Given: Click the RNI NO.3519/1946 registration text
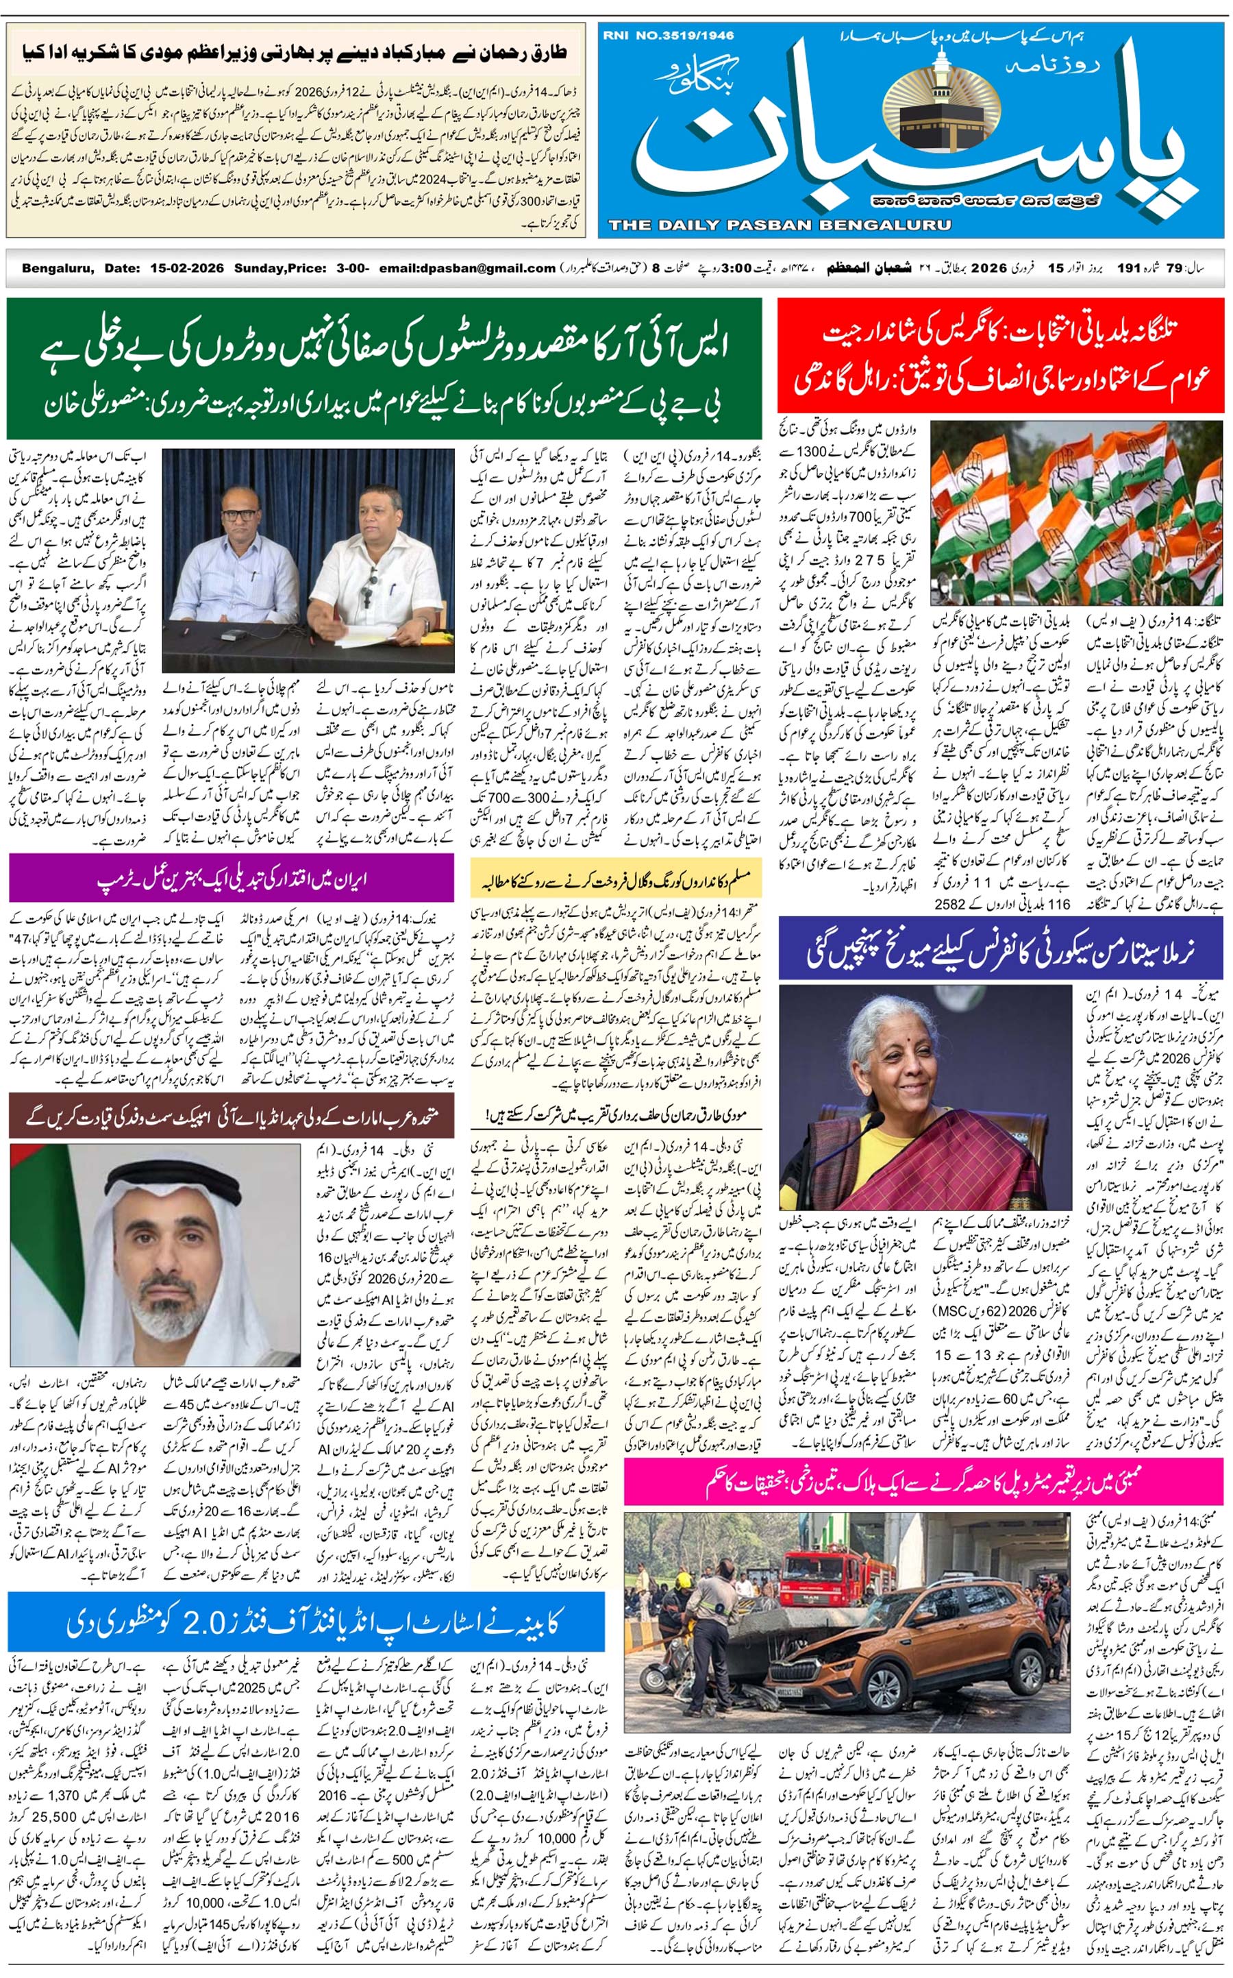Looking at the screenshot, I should (669, 36).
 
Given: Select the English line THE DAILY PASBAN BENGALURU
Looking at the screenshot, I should (779, 225).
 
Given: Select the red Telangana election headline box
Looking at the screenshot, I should (1001, 356).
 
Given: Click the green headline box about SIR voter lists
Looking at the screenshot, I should (384, 369).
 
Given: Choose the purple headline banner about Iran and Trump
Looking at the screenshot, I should (232, 879).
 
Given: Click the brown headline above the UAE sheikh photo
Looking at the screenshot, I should (232, 1116).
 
